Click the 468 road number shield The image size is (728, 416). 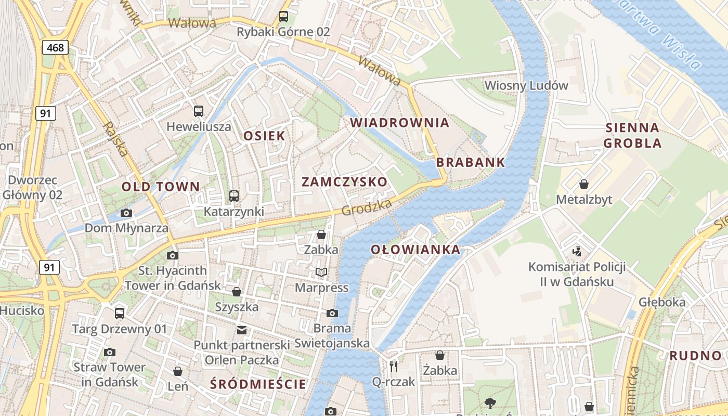55,48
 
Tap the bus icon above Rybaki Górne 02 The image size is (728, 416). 283,16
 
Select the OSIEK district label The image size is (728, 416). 264,136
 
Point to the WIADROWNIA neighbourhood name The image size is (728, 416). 399,123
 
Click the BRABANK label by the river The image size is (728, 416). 470,162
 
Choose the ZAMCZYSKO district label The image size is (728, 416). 344,181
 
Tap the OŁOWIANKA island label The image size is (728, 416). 415,250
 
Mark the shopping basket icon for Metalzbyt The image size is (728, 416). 584,184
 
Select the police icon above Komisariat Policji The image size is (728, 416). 576,252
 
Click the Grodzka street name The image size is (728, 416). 367,207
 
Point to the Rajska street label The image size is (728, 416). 115,139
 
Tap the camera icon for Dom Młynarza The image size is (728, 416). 126,213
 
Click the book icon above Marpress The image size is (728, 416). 321,272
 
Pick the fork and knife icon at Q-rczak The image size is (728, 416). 393,367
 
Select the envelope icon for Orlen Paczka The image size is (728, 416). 241,330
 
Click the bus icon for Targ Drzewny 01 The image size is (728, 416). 120,313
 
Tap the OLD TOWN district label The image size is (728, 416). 161,186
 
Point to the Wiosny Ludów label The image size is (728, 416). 526,85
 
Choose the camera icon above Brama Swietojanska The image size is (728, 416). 332,313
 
